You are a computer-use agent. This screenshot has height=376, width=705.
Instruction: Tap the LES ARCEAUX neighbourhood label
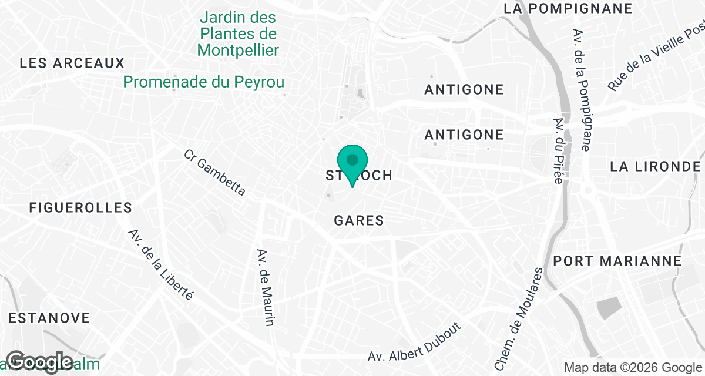(x=72, y=63)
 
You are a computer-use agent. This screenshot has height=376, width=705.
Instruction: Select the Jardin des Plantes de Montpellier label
(x=238, y=34)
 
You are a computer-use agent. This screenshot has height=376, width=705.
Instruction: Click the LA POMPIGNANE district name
(x=568, y=8)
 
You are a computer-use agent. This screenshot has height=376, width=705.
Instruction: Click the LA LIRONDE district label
(x=655, y=166)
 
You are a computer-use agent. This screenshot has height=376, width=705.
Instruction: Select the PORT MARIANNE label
(x=617, y=261)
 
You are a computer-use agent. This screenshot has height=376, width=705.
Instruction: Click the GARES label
(x=358, y=221)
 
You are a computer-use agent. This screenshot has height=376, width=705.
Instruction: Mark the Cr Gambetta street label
(x=214, y=172)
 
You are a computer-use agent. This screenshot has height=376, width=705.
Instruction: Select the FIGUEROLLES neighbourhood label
(x=81, y=207)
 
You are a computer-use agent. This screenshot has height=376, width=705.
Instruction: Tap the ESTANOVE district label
(x=49, y=318)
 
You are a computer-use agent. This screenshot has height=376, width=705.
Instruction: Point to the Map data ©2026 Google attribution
(x=633, y=368)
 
